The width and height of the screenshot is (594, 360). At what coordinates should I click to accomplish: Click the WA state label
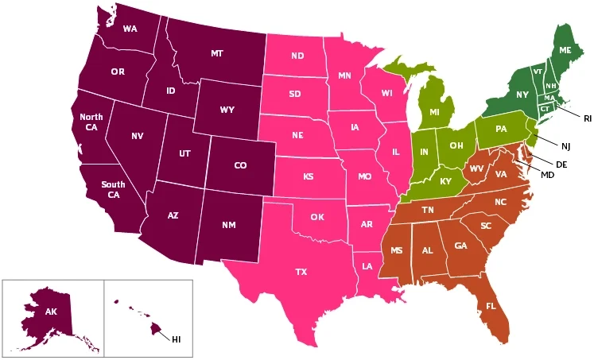(x=131, y=30)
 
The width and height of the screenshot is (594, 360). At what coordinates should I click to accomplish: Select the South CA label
(x=114, y=189)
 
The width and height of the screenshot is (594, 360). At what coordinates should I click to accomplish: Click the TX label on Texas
(x=301, y=272)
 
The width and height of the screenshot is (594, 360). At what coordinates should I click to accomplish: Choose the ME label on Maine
(x=565, y=50)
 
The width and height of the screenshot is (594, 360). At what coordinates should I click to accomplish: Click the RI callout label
(x=588, y=118)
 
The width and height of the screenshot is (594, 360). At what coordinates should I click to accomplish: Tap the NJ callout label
(x=566, y=145)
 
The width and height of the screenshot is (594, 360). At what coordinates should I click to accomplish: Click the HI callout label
(x=177, y=339)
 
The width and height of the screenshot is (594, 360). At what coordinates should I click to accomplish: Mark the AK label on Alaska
(x=51, y=312)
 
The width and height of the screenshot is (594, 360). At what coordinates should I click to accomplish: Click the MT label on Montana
(x=217, y=53)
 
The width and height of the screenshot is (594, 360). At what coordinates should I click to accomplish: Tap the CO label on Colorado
(x=240, y=166)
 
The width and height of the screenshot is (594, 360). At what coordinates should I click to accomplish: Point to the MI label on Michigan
(x=434, y=112)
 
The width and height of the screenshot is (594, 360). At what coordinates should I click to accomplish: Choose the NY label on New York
(x=522, y=95)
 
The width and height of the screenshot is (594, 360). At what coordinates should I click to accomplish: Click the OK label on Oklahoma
(x=317, y=216)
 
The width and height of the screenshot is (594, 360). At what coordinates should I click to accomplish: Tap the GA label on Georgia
(x=460, y=246)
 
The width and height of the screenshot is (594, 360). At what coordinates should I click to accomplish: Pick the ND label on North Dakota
(x=297, y=56)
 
